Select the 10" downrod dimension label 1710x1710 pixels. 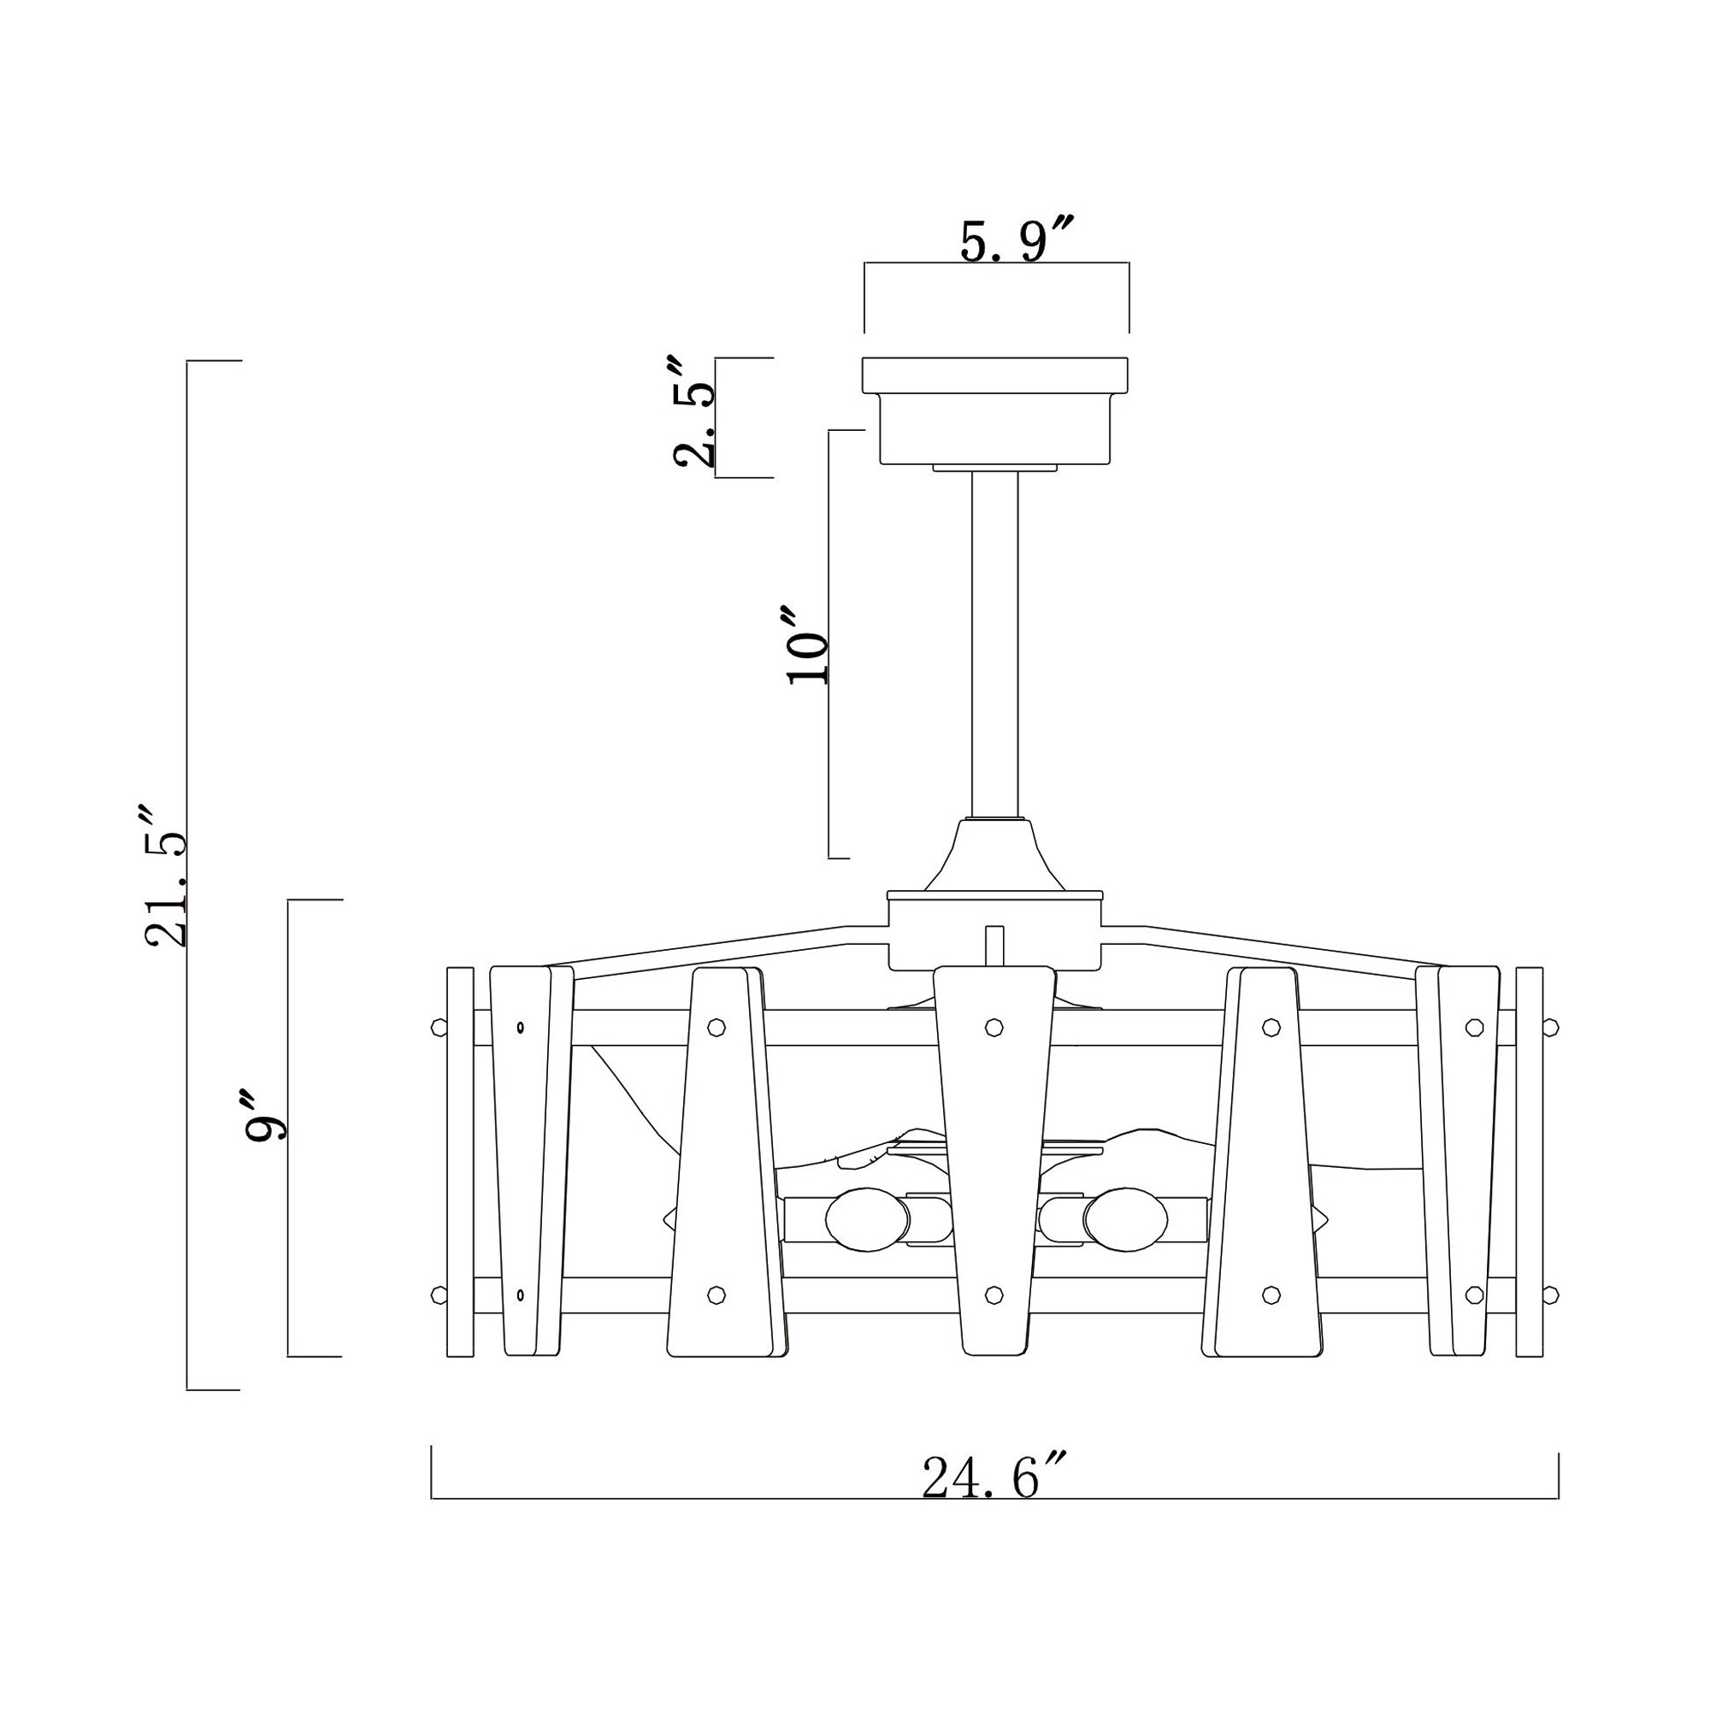click(807, 646)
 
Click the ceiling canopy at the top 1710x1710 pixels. click(995, 410)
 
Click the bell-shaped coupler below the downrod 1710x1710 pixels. click(995, 854)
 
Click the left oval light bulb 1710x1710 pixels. click(867, 1220)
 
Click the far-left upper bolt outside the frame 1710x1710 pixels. click(438, 1027)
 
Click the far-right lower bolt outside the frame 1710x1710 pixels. click(1550, 1294)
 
